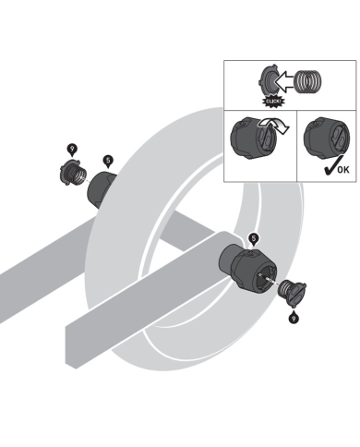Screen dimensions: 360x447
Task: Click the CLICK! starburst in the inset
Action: (272, 102)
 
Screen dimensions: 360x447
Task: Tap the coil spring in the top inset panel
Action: (307, 82)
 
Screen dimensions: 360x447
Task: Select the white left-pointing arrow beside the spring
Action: (284, 82)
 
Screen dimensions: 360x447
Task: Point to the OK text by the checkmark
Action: (343, 169)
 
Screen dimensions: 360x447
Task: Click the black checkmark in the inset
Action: (331, 165)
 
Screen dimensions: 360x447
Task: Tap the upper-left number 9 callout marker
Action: (72, 151)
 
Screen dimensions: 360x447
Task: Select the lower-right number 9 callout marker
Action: (294, 317)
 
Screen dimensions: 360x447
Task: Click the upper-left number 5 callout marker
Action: (108, 162)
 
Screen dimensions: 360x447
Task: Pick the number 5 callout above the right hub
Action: (254, 239)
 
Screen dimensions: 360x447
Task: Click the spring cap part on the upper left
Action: (72, 175)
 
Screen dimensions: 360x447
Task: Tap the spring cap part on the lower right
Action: (292, 292)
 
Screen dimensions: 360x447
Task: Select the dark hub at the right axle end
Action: (248, 270)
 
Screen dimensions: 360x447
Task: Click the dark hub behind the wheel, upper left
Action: (101, 190)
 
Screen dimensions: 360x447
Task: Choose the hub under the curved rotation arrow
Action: (254, 138)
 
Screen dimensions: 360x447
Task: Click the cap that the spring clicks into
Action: (269, 82)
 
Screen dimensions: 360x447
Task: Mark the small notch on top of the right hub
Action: (252, 253)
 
